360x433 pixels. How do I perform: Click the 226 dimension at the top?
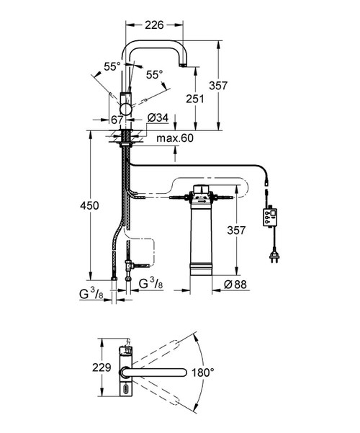tap(154, 24)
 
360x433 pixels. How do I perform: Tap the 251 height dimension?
tap(194, 99)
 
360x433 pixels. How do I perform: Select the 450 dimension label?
tap(89, 205)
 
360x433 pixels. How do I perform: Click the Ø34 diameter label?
tap(158, 118)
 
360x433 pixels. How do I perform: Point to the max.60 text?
tap(175, 138)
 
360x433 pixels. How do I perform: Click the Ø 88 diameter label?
tap(235, 284)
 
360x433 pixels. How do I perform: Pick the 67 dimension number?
tap(117, 120)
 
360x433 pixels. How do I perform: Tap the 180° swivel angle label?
tap(203, 372)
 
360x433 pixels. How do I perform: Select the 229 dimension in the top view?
tap(102, 367)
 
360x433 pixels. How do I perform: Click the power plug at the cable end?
tap(274, 256)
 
